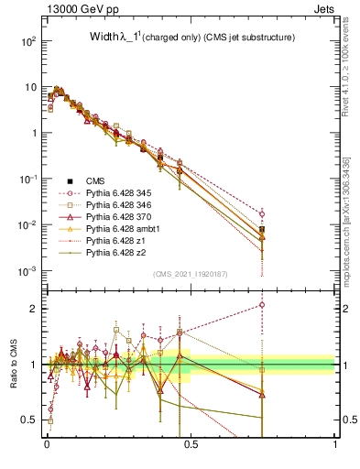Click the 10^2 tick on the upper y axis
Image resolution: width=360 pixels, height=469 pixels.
point(29,42)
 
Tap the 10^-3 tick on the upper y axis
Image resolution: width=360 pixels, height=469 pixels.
point(29,271)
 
